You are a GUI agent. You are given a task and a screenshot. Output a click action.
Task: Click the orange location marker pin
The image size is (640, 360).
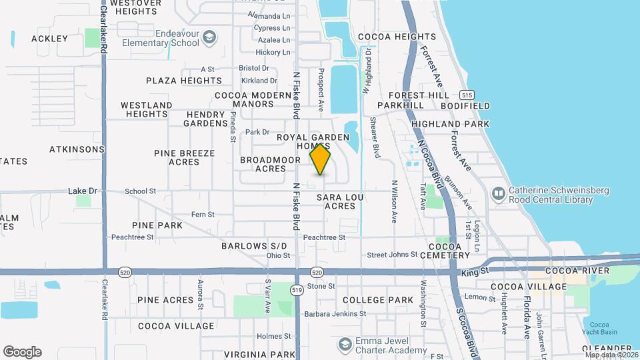(321, 159)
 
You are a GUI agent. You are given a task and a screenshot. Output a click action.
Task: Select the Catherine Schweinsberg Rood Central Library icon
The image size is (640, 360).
(499, 194)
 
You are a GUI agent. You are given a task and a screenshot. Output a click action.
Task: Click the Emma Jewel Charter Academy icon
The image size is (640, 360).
(345, 344)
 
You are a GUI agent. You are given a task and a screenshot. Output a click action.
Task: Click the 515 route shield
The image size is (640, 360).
(467, 95)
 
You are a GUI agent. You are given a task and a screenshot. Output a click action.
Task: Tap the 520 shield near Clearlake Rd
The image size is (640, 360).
(125, 272)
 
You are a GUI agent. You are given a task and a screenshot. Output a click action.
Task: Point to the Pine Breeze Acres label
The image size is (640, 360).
(185, 157)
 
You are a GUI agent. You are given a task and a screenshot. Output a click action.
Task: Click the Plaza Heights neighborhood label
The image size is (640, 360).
(184, 81)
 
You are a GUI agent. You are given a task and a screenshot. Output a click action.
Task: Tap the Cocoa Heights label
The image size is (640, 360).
(397, 37)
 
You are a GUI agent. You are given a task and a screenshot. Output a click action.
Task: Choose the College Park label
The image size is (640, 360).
(378, 300)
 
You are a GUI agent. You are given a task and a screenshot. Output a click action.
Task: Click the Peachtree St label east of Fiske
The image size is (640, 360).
(324, 237)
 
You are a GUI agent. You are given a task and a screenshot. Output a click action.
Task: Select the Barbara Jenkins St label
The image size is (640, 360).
(335, 313)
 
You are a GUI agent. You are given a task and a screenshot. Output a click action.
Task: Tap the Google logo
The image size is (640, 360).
(22, 352)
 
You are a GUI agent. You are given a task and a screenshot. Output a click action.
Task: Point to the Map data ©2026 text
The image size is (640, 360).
(611, 354)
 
